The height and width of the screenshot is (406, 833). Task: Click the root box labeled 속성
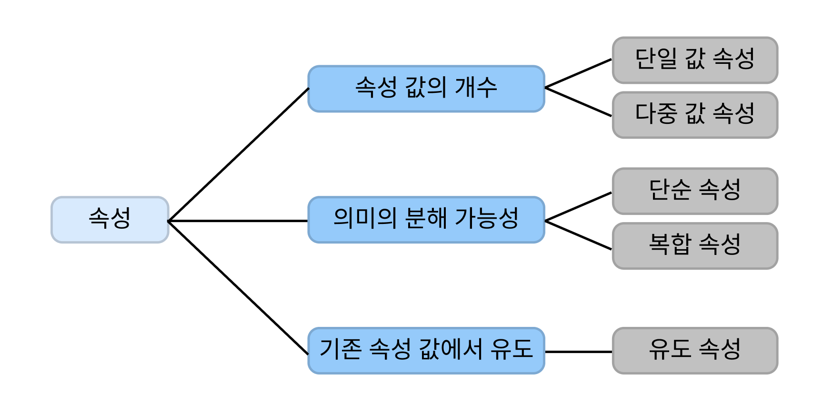click(x=110, y=220)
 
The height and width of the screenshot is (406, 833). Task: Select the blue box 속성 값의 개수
click(x=426, y=89)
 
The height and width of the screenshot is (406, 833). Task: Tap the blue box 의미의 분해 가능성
click(x=426, y=220)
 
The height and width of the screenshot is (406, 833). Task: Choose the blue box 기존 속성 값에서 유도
click(x=426, y=350)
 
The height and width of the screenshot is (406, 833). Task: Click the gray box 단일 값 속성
click(x=694, y=60)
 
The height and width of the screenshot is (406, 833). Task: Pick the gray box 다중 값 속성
click(x=694, y=115)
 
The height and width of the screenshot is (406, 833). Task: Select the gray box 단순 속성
click(x=694, y=191)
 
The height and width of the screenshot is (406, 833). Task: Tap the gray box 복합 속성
click(x=694, y=245)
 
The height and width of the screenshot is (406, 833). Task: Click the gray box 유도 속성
click(x=694, y=350)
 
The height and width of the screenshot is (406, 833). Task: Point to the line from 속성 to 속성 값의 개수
click(x=238, y=155)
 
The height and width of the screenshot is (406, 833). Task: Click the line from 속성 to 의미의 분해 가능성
click(x=238, y=221)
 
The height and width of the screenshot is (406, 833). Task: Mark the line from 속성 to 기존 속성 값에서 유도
click(x=238, y=287)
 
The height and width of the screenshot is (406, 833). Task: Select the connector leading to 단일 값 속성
click(x=578, y=74)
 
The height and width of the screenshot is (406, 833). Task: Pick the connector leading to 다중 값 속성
click(x=578, y=102)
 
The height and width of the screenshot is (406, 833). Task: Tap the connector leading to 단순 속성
click(x=578, y=207)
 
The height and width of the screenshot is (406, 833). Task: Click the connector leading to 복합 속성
click(x=578, y=235)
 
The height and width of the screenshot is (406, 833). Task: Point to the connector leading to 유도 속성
click(x=578, y=352)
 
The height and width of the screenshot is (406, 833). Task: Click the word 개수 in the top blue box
click(x=476, y=88)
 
